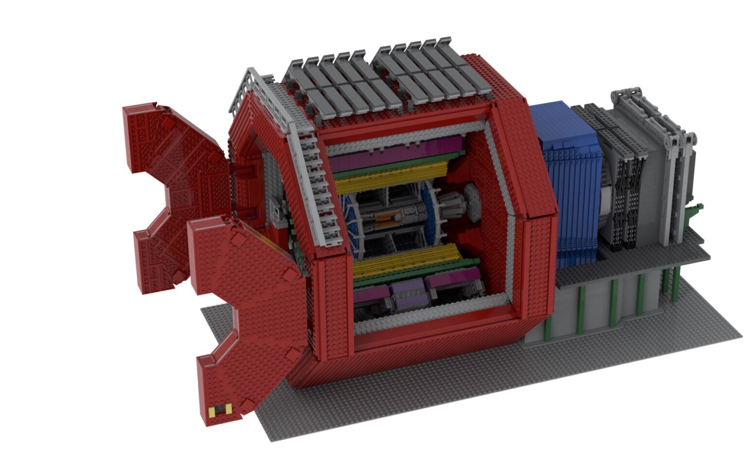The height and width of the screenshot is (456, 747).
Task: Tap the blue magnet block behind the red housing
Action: click(567, 180)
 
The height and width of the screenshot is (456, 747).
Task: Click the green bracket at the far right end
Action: click(695, 212)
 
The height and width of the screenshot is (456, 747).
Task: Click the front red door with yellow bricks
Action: click(243, 316)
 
